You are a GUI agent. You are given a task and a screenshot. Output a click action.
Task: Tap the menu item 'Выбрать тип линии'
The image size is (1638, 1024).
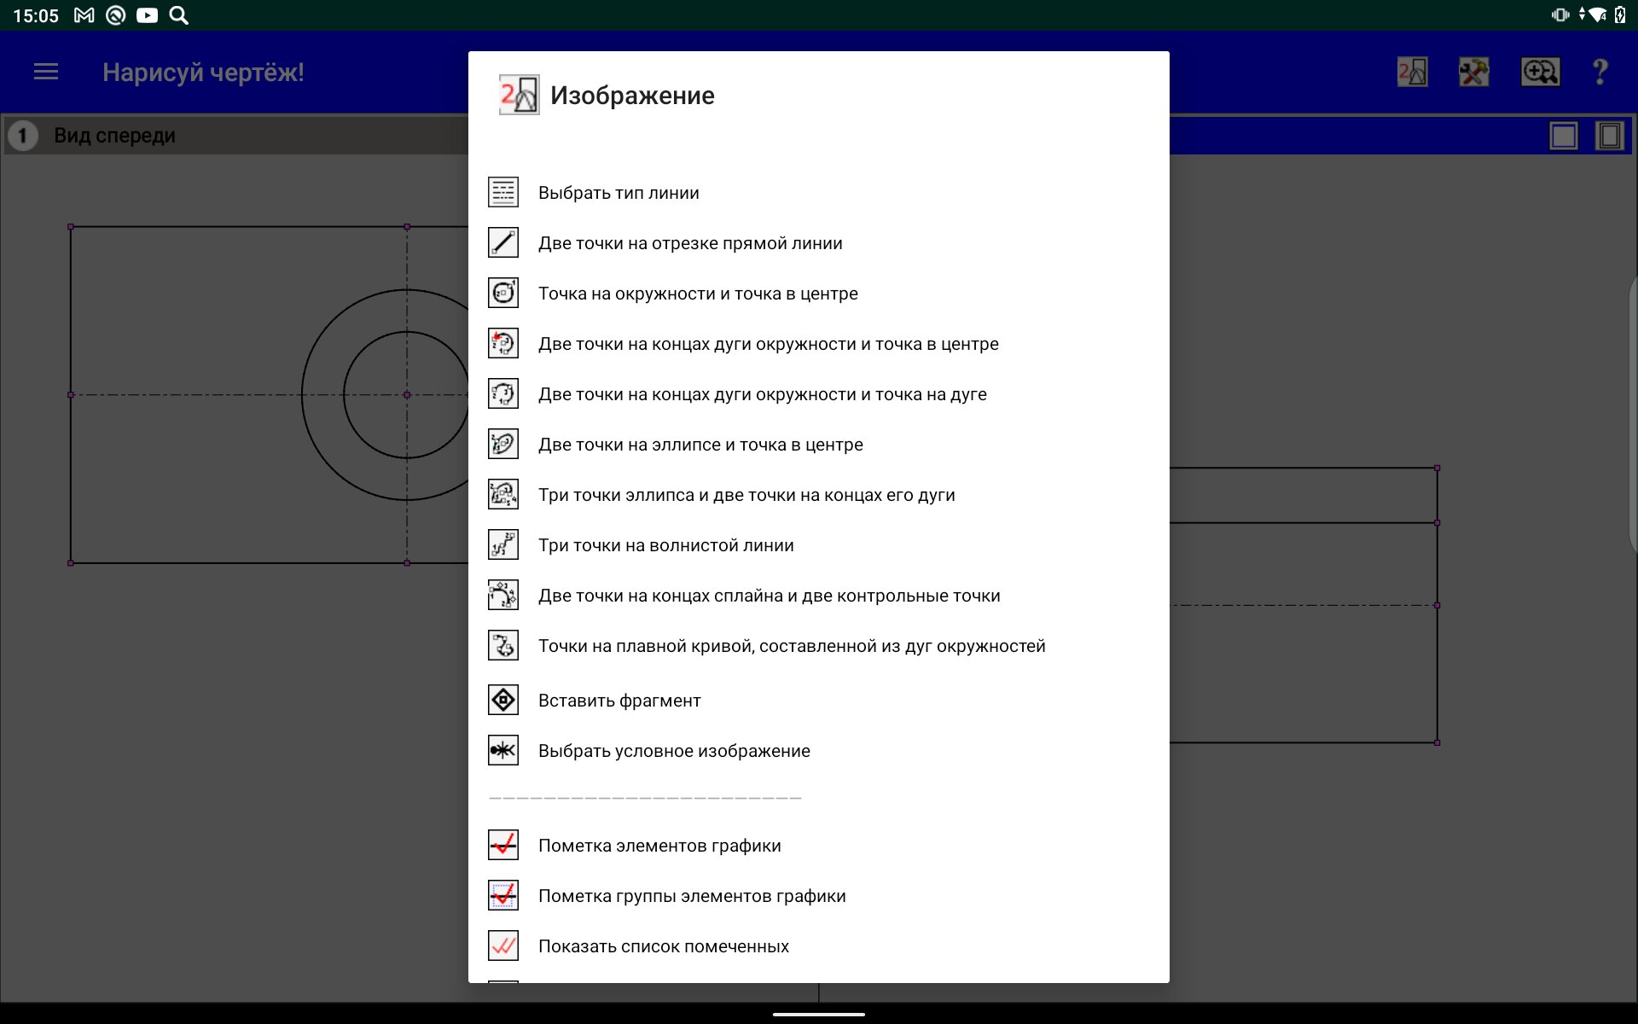(x=619, y=193)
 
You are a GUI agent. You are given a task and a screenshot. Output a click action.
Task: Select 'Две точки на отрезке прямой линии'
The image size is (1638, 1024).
(x=690, y=243)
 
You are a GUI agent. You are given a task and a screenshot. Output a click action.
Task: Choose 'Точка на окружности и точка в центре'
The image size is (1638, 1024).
(x=698, y=294)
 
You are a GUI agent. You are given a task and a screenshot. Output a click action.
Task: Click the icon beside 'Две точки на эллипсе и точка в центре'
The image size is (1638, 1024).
(x=503, y=445)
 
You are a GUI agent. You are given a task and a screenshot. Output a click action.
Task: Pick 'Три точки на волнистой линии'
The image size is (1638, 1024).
(x=665, y=545)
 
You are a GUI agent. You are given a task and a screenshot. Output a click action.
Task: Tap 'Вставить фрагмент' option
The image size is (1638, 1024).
(x=619, y=701)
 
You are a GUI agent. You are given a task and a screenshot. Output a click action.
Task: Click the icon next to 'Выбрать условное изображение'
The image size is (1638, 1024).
(x=503, y=751)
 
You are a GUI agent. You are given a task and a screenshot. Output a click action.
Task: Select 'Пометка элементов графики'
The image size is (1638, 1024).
(x=659, y=846)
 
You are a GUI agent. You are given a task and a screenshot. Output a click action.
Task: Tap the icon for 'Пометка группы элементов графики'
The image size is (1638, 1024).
(x=503, y=896)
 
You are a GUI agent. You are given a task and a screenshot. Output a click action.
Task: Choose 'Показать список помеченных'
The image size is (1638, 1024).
(x=663, y=946)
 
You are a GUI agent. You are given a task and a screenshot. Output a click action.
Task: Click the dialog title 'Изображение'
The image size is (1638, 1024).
(x=632, y=96)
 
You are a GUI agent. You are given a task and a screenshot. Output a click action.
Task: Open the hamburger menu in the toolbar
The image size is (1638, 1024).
(x=46, y=73)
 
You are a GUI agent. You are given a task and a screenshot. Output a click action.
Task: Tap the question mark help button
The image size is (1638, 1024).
(x=1600, y=73)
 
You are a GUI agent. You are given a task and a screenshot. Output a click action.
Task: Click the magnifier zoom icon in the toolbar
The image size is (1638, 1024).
(x=1540, y=73)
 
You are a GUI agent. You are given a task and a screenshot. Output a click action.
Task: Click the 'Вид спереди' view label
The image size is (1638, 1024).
(x=114, y=136)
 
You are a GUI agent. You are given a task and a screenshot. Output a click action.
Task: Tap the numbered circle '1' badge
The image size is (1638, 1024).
(x=23, y=136)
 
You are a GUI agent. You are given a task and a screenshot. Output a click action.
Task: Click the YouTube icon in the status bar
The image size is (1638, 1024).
(x=147, y=15)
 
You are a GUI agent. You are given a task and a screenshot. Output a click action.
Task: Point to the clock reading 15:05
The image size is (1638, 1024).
(x=36, y=15)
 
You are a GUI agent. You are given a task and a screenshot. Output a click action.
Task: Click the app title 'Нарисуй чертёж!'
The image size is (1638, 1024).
(x=203, y=73)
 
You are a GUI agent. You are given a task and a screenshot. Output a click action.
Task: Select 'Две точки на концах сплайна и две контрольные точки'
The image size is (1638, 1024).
(x=769, y=596)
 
